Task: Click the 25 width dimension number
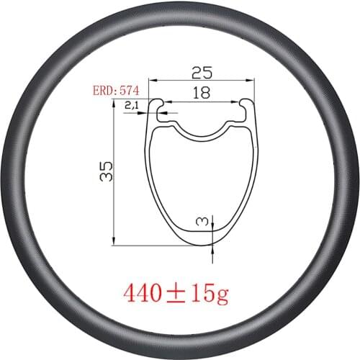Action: click(200, 73)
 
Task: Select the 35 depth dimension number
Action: click(106, 171)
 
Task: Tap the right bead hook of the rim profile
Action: click(248, 107)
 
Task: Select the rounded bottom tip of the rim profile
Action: click(200, 243)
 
